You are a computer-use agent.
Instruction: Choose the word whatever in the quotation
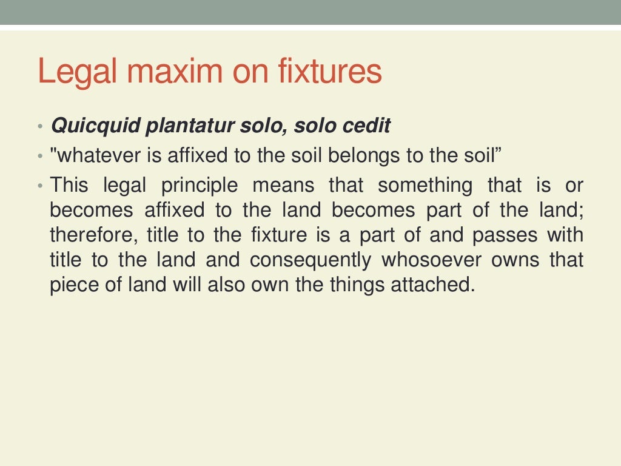(95, 155)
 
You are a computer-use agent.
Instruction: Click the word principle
(200, 185)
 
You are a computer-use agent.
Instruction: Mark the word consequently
(310, 260)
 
